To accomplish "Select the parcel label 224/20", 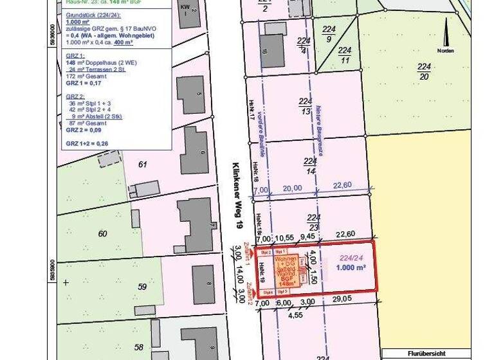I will (423, 71).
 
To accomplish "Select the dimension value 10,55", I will (284, 237).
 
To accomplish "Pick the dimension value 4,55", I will (295, 315).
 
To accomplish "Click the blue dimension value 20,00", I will (291, 188).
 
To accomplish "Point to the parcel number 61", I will (143, 165).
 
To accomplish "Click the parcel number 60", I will (103, 233).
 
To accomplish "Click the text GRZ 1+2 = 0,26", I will (87, 143).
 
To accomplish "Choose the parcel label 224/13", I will (305, 106).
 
